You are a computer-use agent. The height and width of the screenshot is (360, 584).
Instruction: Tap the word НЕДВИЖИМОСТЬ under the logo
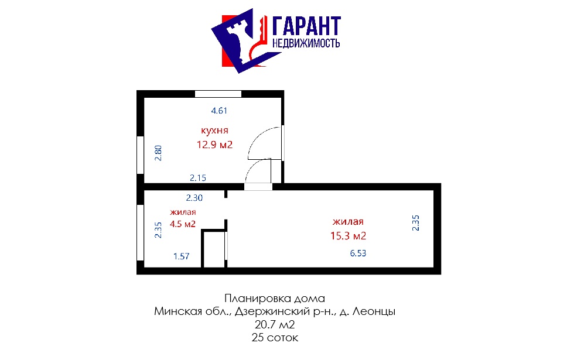pos(306,43)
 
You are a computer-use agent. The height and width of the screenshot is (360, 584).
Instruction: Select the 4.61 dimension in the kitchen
pos(219,111)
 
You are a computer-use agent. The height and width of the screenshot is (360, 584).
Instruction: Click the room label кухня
pos(214,131)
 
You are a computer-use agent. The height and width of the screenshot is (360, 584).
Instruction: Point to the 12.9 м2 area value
pos(214,145)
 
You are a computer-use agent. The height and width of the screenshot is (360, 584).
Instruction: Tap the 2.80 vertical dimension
pos(158,153)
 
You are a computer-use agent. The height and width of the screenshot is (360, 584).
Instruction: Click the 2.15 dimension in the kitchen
pos(198,178)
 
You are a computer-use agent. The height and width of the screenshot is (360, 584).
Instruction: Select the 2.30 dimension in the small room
pos(194,198)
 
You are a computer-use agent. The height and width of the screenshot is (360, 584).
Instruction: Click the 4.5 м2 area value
pos(183,224)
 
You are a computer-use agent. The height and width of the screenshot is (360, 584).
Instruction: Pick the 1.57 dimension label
pos(182,256)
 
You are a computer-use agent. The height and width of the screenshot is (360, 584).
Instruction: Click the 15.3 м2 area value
pos(349,236)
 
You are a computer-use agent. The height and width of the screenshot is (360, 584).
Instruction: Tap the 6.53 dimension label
pos(358,253)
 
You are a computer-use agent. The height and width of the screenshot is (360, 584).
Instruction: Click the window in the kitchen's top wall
pos(218,94)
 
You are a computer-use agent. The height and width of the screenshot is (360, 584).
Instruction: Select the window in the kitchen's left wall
pos(140,155)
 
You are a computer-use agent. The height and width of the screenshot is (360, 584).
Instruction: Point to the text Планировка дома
pos(275,298)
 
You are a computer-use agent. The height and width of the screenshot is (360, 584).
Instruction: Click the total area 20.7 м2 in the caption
pos(275,325)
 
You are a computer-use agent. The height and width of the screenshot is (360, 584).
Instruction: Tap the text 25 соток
pos(275,338)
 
